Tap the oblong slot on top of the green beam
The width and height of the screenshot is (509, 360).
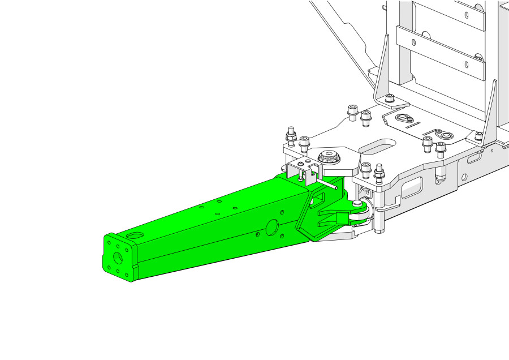coord(135,234)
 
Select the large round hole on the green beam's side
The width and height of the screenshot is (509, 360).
coord(271,227)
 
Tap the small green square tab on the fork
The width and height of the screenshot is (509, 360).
coord(343,218)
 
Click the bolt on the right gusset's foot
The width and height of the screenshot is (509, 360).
coord(479,136)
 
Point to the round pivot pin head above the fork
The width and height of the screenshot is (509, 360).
coord(357,202)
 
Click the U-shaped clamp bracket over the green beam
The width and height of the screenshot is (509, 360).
coord(300,171)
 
